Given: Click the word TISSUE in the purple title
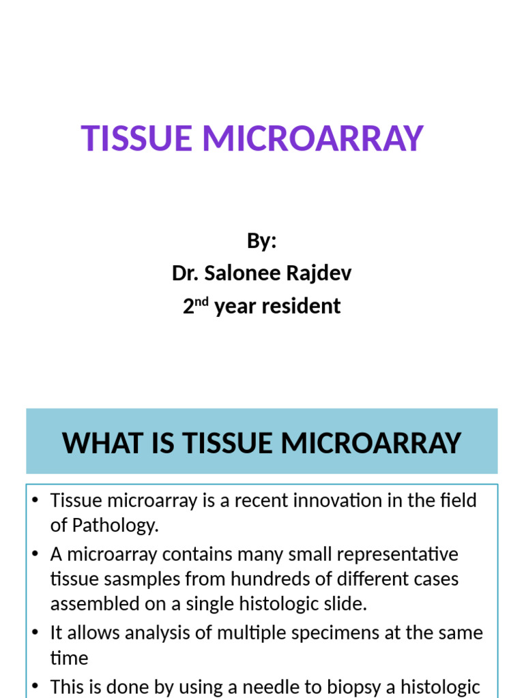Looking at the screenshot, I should pos(136,138).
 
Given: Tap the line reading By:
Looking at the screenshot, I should pos(261,241).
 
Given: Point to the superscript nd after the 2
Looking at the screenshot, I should pos(203,301).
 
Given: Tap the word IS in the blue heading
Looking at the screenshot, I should pos(164,443).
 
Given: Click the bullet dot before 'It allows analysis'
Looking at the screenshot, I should pos(35,632).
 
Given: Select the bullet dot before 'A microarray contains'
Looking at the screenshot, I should pos(35,553).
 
